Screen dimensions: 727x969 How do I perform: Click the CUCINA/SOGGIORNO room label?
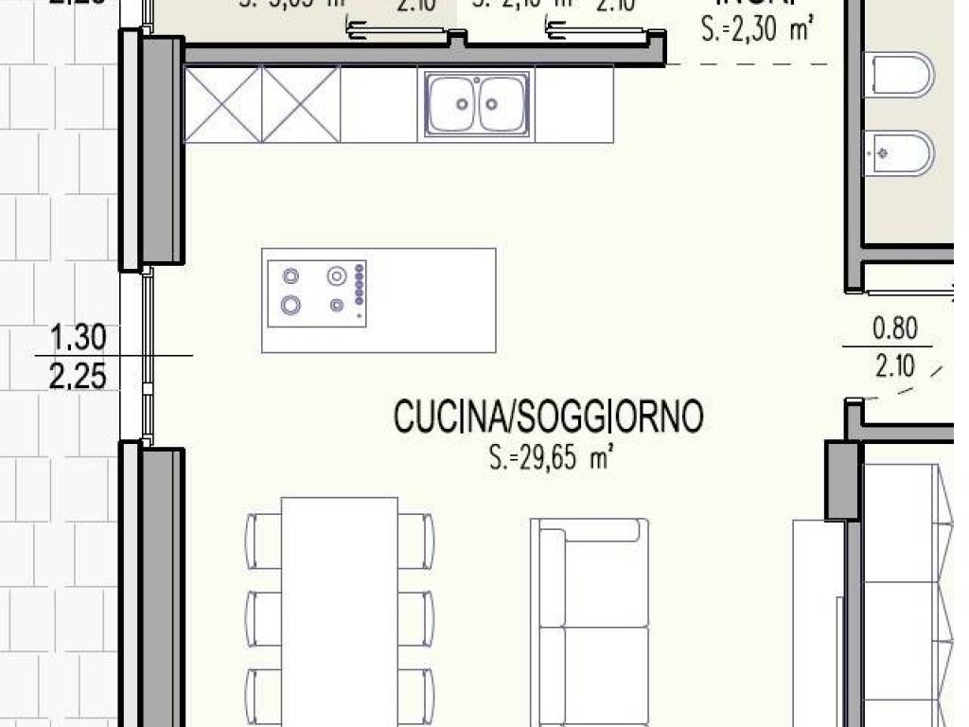(548, 417)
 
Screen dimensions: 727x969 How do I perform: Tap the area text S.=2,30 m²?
(758, 30)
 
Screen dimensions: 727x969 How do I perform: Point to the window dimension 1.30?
(78, 336)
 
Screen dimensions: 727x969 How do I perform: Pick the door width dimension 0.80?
(894, 328)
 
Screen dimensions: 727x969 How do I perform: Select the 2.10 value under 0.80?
(894, 365)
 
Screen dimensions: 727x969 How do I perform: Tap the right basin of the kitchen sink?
(501, 104)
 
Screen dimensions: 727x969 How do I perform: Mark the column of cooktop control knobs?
(359, 285)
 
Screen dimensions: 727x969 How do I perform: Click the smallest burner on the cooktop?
(337, 305)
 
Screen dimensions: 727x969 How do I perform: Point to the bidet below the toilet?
(899, 151)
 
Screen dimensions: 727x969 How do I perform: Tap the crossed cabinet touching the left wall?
(222, 104)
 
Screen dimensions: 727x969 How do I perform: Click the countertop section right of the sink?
(573, 104)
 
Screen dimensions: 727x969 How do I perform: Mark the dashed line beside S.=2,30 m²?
(748, 64)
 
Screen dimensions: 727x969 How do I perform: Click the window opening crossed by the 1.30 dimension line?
(147, 355)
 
